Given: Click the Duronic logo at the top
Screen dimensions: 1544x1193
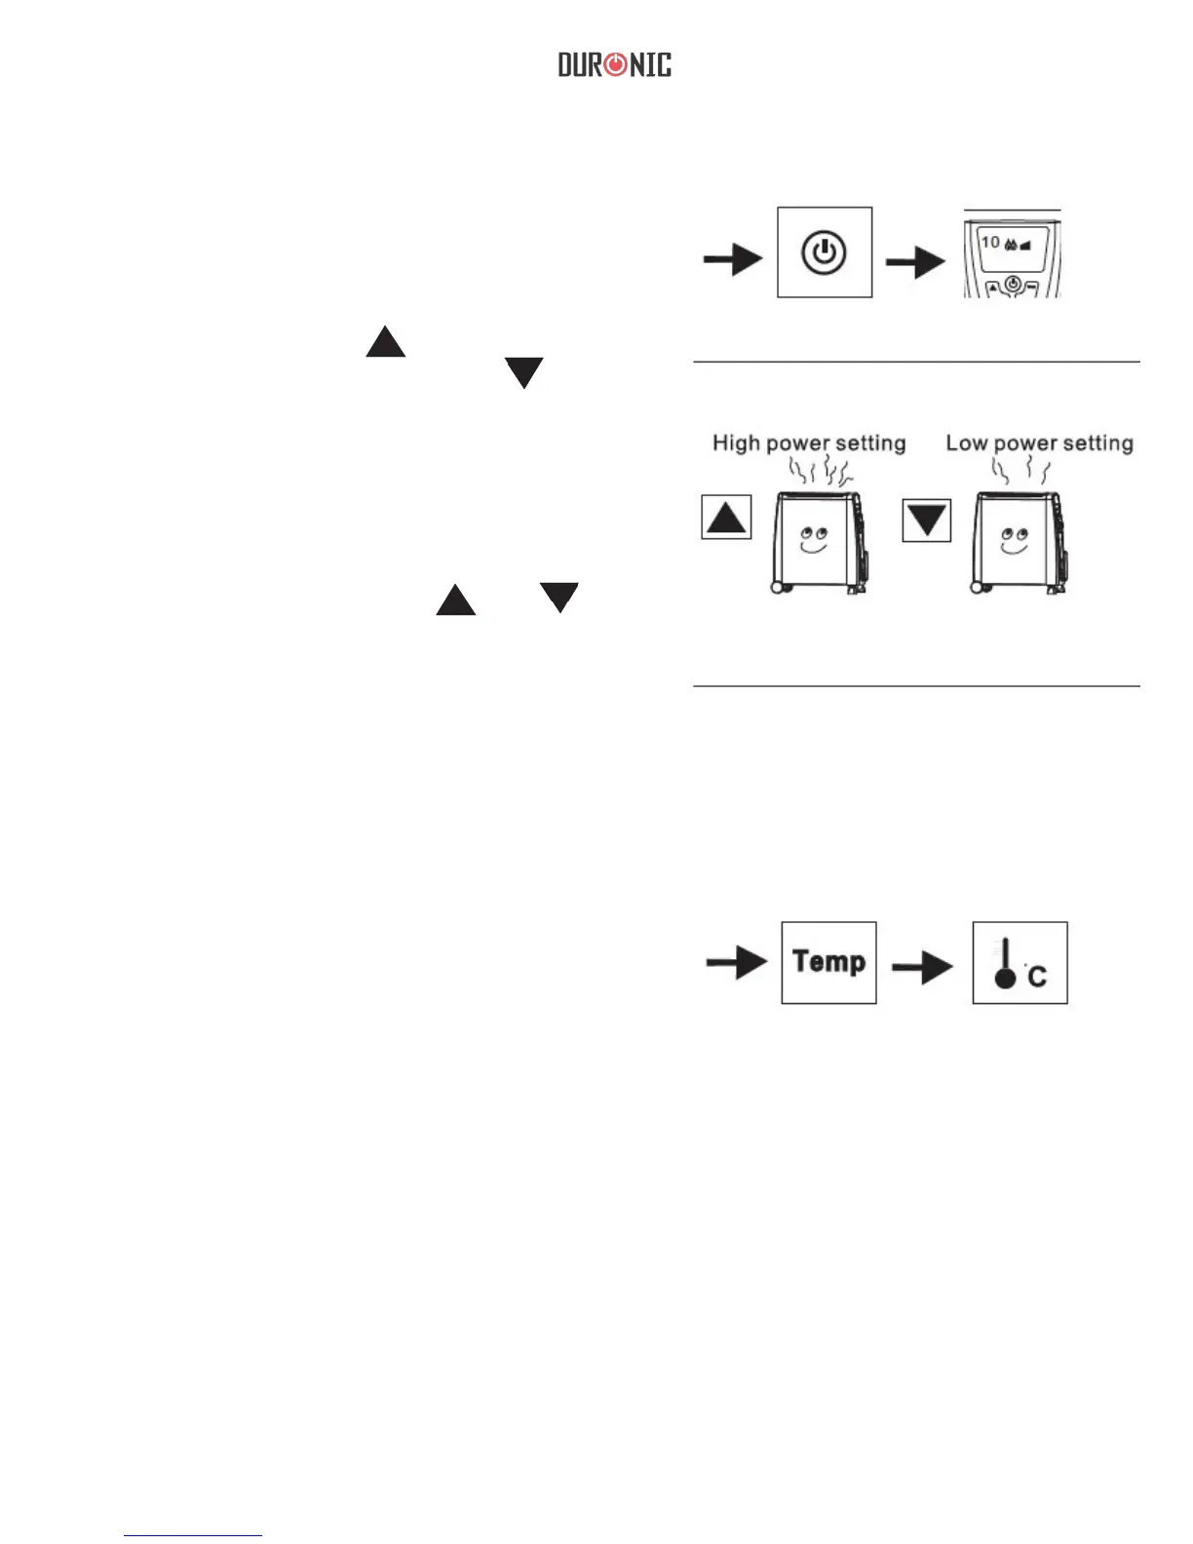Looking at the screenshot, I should [614, 65].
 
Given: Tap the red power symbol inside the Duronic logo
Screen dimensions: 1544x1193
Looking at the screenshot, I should [616, 65].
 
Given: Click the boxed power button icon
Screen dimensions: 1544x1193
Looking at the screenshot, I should [825, 252].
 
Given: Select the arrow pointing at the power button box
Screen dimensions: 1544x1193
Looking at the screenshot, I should [733, 259].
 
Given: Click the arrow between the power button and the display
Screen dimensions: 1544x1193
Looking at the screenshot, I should [914, 261].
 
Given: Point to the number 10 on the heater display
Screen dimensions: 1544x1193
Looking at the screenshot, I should [990, 242].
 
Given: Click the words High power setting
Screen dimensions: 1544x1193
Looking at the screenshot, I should [809, 444].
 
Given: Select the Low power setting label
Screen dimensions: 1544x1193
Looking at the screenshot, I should [1039, 444].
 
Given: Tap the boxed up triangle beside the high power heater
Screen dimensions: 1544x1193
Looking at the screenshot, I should [726, 518].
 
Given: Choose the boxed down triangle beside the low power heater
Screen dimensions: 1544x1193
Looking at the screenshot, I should [926, 519].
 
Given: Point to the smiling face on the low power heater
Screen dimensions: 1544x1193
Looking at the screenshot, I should [1015, 539].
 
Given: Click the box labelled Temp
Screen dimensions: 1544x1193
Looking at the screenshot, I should [828, 962].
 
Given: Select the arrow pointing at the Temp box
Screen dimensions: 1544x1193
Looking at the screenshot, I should [737, 962].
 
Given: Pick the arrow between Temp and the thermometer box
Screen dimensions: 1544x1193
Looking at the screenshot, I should [922, 967].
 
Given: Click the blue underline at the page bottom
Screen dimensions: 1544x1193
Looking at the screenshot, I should [193, 1536].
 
